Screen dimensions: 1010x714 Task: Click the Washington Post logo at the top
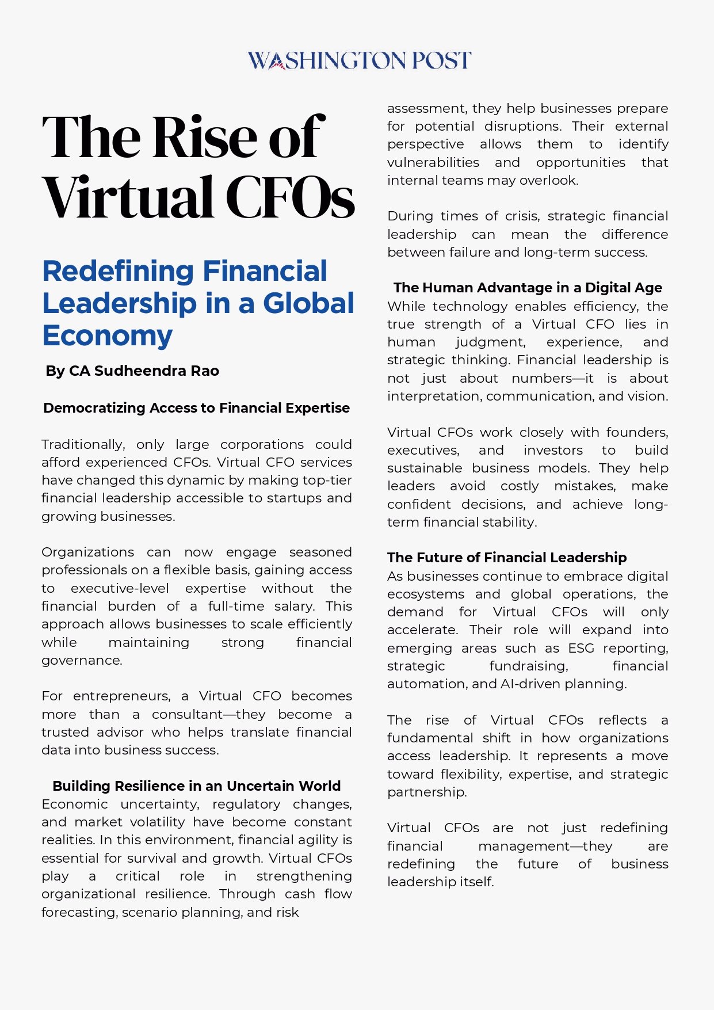pos(359,60)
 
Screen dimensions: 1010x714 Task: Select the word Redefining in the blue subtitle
pos(117,271)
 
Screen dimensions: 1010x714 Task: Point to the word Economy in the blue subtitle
pos(107,336)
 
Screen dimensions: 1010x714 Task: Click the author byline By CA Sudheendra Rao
pos(132,371)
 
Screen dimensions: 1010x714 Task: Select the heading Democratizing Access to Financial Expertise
pos(196,408)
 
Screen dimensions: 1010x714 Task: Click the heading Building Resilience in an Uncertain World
pos(196,786)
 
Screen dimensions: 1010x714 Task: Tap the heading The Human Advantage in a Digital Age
pos(528,288)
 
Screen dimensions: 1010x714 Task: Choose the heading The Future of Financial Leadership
pos(507,558)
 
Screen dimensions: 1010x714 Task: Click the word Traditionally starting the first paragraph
pos(83,445)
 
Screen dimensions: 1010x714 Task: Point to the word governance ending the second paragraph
pos(81,661)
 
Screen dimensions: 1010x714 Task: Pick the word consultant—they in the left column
pos(208,715)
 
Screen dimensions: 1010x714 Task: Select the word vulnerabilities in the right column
pos(433,163)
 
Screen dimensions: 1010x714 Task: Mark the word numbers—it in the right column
pos(552,379)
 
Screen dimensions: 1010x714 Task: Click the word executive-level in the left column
pos(120,589)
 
